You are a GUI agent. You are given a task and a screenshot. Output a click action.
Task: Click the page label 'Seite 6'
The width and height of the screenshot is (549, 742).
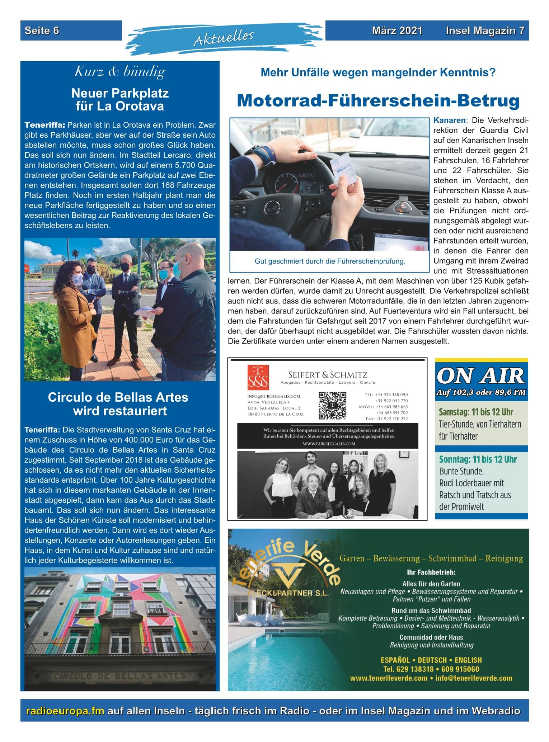[42, 31]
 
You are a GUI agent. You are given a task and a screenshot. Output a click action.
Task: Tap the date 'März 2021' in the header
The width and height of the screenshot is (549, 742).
[397, 31]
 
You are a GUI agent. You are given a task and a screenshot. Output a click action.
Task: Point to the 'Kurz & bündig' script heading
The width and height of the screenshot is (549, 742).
[119, 72]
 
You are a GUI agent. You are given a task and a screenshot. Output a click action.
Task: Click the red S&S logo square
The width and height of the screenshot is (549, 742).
[258, 377]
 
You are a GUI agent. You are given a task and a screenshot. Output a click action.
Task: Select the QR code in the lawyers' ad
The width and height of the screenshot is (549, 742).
[332, 406]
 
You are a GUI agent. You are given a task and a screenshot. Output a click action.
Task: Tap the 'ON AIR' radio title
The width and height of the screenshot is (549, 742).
[481, 376]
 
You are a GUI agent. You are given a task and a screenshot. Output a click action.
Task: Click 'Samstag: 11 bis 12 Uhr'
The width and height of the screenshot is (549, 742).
[476, 412]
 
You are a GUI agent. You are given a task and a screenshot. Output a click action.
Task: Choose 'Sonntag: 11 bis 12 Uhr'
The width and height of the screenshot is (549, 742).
[478, 459]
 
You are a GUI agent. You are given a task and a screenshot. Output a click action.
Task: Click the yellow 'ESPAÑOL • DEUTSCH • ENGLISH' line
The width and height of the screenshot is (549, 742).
[431, 660]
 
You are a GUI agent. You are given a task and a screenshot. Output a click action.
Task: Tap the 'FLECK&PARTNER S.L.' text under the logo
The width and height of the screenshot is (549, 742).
[288, 593]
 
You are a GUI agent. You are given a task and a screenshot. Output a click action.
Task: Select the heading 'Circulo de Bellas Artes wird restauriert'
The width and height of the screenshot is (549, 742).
[118, 404]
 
